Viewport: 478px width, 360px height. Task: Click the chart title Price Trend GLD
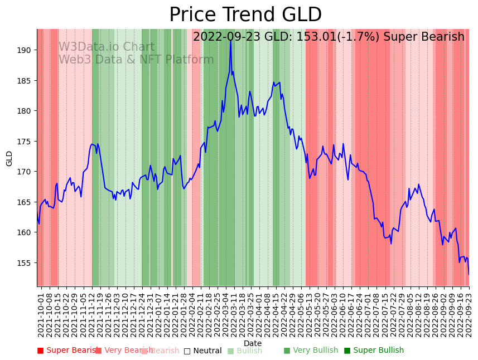pyautogui.click(x=245, y=15)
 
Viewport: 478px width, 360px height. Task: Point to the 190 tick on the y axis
pyautogui.click(x=26, y=50)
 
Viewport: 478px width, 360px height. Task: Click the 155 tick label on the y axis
pyautogui.click(x=26, y=262)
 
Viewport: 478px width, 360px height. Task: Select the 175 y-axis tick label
pyautogui.click(x=26, y=142)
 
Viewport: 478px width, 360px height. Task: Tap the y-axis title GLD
pyautogui.click(x=9, y=158)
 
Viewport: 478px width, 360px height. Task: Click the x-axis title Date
pyautogui.click(x=253, y=343)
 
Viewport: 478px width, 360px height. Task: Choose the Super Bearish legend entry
pyautogui.click(x=69, y=351)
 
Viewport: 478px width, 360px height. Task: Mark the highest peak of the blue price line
pyautogui.click(x=230, y=40)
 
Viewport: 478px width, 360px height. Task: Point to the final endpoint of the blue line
pyautogui.click(x=469, y=274)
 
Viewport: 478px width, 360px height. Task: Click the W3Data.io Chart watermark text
pyautogui.click(x=107, y=47)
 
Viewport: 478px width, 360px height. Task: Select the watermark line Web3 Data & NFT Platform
pyautogui.click(x=136, y=60)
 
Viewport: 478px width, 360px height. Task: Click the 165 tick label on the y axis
pyautogui.click(x=26, y=202)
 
